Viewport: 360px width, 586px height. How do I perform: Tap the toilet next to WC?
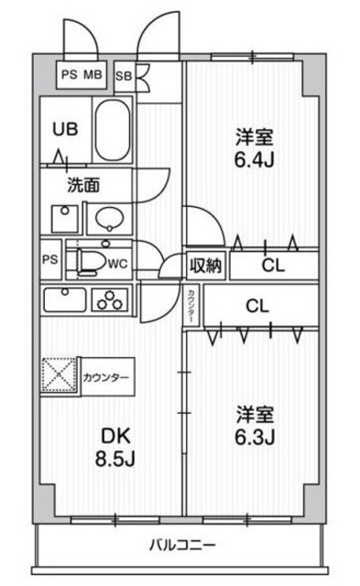point(90,260)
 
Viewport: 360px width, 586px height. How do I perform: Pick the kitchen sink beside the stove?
point(64,300)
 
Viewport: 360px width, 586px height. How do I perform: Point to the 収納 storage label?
point(206,266)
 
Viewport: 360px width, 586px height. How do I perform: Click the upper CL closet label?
point(272,266)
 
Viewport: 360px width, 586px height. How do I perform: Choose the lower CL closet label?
point(256,307)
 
